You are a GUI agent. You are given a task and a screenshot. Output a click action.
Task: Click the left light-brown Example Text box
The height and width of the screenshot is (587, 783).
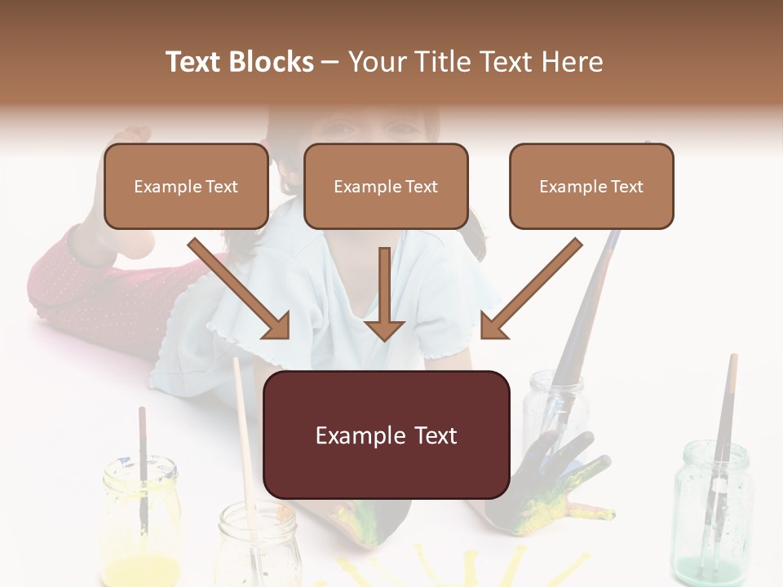[x=186, y=187]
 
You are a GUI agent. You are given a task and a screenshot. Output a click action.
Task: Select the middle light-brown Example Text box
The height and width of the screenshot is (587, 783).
[x=386, y=187]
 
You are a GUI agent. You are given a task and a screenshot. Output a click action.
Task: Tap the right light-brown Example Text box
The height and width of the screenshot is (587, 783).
[x=591, y=187]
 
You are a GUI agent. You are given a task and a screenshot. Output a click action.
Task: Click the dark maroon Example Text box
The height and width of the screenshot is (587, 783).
[x=387, y=435]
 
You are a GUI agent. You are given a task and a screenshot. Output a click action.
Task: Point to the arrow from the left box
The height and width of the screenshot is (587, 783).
[x=240, y=289]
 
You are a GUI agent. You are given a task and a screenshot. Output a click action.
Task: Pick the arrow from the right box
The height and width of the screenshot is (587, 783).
[x=531, y=289]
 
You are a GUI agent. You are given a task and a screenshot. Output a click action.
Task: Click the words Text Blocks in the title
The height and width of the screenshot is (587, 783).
[x=240, y=62]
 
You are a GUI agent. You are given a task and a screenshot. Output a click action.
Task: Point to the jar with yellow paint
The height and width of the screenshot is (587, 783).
[x=141, y=522]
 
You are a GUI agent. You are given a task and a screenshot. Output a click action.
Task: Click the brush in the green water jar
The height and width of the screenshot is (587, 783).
[x=724, y=432]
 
